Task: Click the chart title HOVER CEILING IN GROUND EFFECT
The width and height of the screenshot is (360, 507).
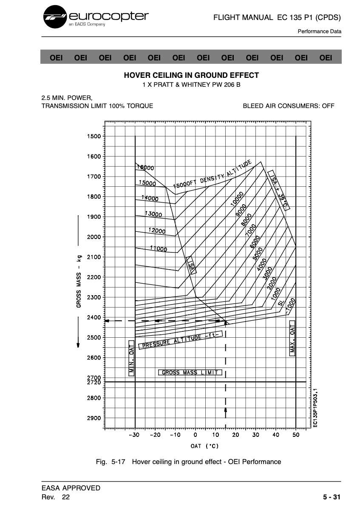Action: pyautogui.click(x=191, y=75)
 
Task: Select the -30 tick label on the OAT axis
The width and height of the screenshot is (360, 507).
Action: pyautogui.click(x=133, y=435)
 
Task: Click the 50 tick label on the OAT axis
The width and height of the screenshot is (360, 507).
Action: pyautogui.click(x=296, y=435)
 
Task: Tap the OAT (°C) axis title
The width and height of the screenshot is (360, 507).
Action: pyautogui.click(x=204, y=446)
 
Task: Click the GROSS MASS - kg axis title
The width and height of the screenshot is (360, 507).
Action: pyautogui.click(x=79, y=281)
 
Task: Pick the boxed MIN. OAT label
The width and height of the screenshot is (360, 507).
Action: pyautogui.click(x=131, y=358)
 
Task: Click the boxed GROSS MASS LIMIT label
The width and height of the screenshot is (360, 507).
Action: pyautogui.click(x=190, y=373)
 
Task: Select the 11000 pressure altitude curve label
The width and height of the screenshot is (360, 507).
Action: pyautogui.click(x=158, y=249)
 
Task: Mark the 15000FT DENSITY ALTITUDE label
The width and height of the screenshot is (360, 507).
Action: pyautogui.click(x=213, y=175)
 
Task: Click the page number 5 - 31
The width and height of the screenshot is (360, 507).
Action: pyautogui.click(x=332, y=497)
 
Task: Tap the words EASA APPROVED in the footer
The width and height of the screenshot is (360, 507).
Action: pyautogui.click(x=71, y=488)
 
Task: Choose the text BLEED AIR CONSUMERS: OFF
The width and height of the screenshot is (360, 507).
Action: pyautogui.click(x=289, y=106)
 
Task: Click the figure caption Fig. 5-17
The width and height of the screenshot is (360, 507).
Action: pyautogui.click(x=113, y=461)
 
